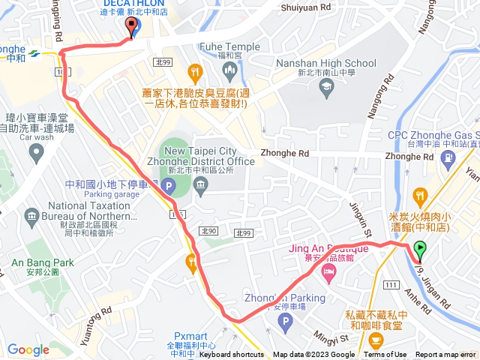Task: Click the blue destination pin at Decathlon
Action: click(x=133, y=27)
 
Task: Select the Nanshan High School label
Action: click(x=326, y=64)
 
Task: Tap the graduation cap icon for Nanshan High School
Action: click(x=326, y=88)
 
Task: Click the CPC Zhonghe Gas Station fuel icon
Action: click(x=449, y=157)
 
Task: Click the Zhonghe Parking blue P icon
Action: click(x=283, y=323)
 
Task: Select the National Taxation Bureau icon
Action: click(x=32, y=218)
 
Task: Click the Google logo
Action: click(x=28, y=349)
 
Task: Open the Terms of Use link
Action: click(x=385, y=355)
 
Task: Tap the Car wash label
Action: click(x=37, y=138)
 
